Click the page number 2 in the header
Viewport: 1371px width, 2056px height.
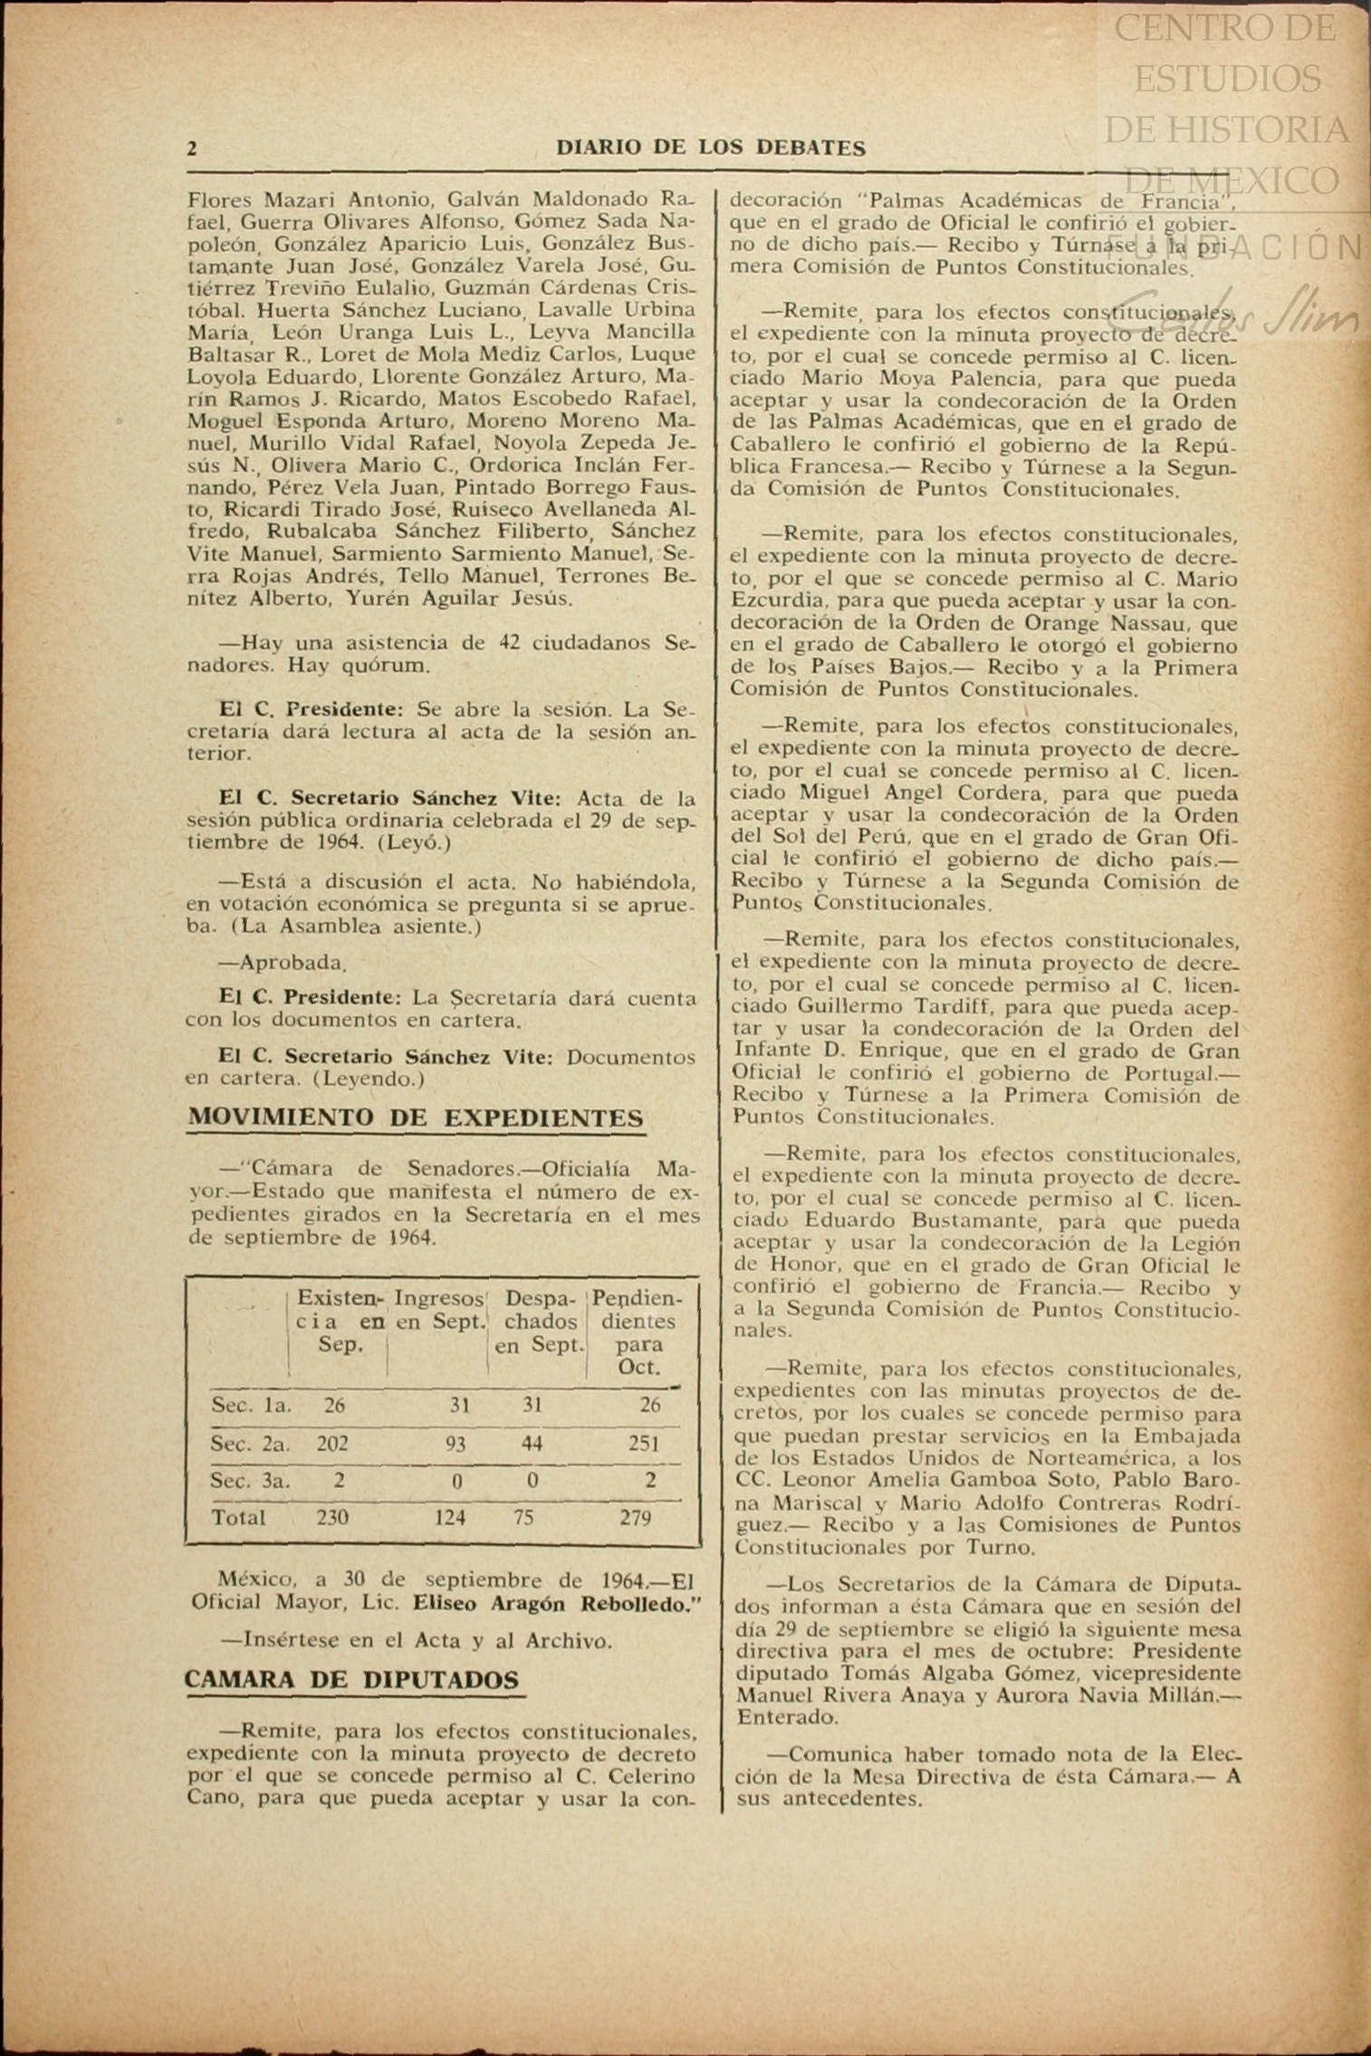192,149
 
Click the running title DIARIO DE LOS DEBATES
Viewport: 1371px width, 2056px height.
711,149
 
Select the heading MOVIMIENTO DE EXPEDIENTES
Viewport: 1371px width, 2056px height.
416,1118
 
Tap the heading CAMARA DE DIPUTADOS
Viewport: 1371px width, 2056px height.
352,1680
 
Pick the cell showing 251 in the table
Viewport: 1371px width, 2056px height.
643,1443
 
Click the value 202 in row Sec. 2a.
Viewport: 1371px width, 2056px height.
332,1443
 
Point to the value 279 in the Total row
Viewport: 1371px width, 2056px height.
636,1517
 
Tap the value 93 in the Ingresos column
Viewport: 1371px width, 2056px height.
455,1443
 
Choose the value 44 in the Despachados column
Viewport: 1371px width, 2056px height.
532,1443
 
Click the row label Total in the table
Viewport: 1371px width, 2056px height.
237,1517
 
